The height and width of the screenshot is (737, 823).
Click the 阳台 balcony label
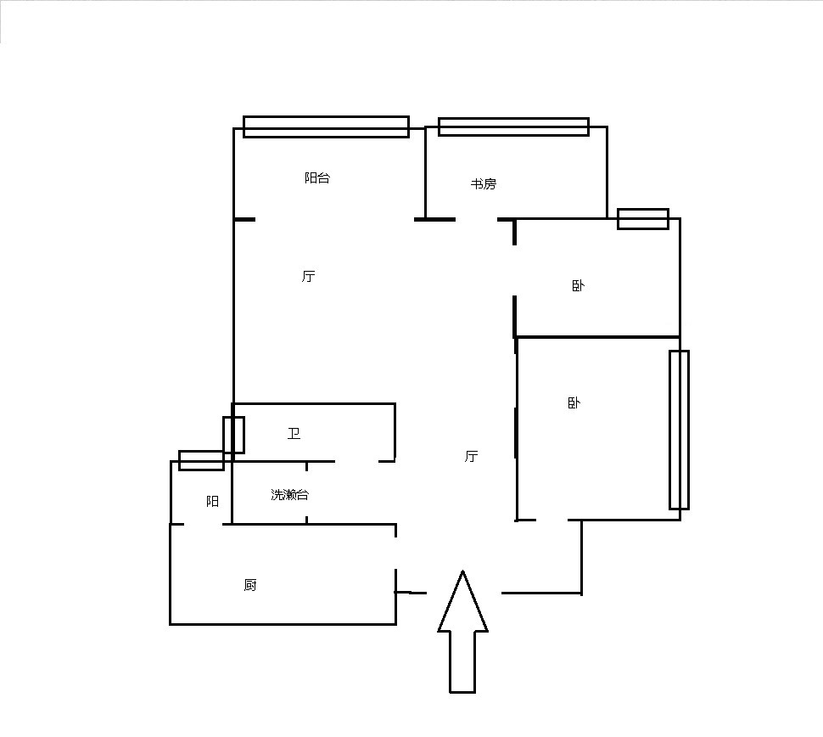tap(317, 177)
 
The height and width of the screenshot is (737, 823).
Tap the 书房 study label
tap(483, 184)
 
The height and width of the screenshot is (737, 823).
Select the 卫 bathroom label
tap(294, 433)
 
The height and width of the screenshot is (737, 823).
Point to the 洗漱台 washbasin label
tap(289, 494)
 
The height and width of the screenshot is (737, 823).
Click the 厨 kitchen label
tap(250, 585)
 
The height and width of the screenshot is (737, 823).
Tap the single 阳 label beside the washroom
tap(213, 502)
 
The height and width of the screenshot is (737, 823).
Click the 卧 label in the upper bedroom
tap(578, 286)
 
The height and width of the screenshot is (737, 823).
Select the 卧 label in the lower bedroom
tap(574, 403)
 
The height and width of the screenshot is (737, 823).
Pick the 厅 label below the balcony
tap(309, 276)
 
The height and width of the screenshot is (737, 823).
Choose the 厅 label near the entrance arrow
tap(472, 456)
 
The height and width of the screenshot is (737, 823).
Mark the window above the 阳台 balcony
tap(326, 127)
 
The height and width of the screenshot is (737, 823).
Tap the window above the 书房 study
tap(514, 127)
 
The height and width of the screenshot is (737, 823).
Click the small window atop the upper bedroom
tap(643, 219)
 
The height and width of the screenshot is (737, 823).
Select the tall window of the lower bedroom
tap(679, 430)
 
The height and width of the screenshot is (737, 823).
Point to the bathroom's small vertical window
tap(233, 435)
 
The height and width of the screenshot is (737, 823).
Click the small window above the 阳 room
tap(202, 461)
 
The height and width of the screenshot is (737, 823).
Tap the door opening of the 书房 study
tap(476, 219)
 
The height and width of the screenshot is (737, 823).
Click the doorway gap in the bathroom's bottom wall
tap(356, 461)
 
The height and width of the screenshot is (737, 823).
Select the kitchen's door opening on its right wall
tap(395, 553)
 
